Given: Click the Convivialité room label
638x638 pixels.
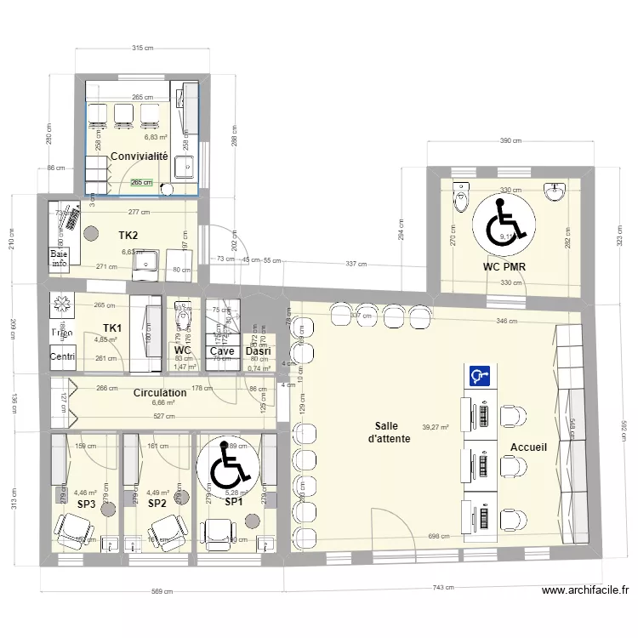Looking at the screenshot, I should point(139,157).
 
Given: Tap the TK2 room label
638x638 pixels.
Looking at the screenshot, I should point(128,235).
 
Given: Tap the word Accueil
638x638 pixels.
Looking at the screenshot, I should point(528,447).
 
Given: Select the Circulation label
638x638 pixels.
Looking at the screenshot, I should point(160,393).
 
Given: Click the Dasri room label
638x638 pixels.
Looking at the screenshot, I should point(258,350).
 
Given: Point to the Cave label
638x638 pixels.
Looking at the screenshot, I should point(222,350).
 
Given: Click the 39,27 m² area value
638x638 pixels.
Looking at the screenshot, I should point(436,428).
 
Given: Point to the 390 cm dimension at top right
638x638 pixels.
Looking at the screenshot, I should point(510,141).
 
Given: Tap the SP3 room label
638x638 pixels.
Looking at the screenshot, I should point(86,504).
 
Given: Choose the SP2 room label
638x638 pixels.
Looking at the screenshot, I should point(157,504).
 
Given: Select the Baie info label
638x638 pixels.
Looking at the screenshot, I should point(59,259).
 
